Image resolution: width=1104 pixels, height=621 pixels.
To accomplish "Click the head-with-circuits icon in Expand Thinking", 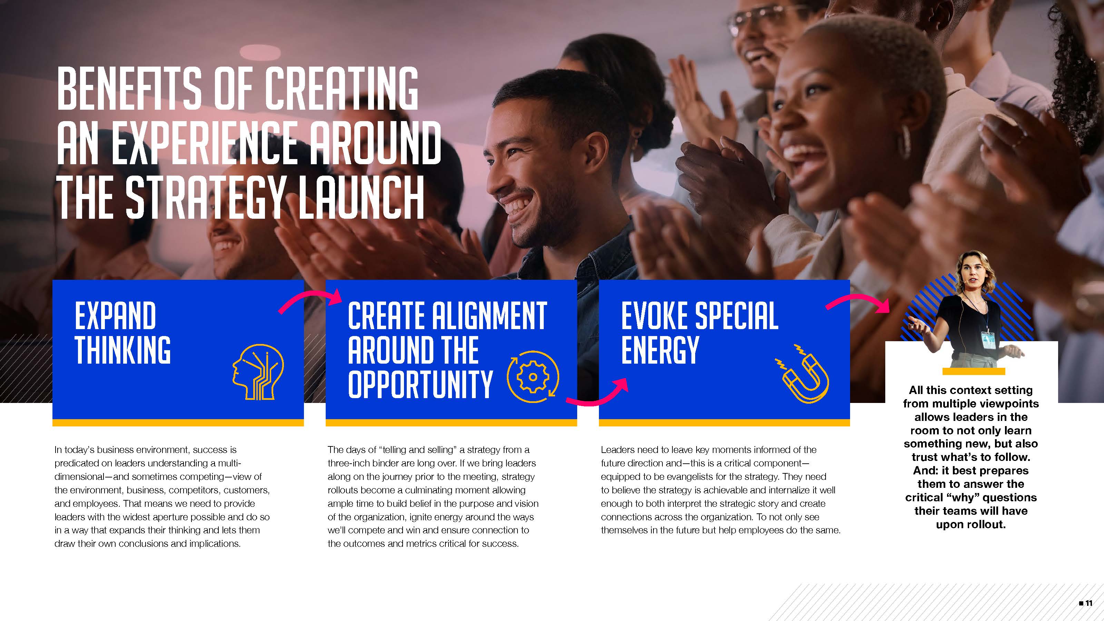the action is tap(258, 372).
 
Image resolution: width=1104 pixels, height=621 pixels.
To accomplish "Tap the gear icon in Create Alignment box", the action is tap(533, 377).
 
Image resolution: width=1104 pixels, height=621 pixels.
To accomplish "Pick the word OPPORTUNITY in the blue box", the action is tap(420, 384).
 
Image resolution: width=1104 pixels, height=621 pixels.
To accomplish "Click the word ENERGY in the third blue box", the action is tap(660, 350).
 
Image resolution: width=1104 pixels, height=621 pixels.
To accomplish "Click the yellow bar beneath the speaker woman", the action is tap(974, 371).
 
